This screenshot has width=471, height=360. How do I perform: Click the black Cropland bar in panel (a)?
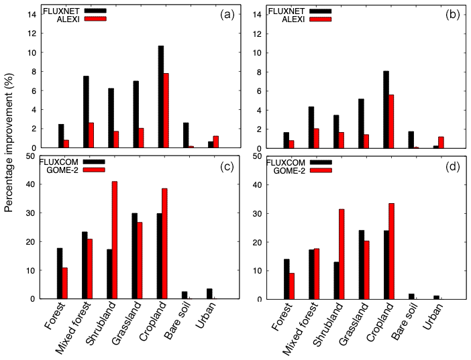[161, 97]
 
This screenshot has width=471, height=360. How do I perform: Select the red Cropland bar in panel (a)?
[166, 111]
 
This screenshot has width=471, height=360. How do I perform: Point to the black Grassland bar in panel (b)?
[362, 123]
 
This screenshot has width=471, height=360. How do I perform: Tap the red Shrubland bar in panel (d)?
[342, 254]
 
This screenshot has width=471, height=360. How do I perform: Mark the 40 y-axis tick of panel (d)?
[258, 184]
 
